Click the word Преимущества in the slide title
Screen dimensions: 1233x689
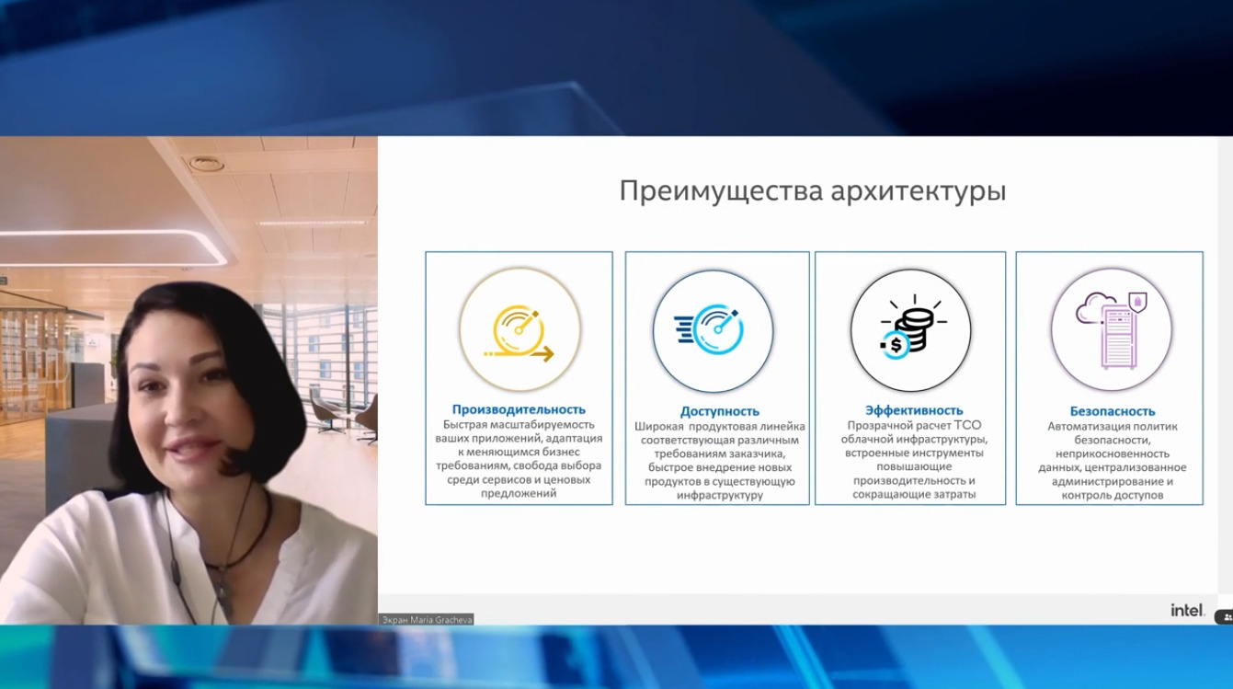click(721, 191)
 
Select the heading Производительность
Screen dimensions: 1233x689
click(519, 409)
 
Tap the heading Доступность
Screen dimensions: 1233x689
click(719, 411)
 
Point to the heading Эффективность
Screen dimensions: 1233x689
click(914, 410)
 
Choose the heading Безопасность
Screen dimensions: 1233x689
click(1113, 411)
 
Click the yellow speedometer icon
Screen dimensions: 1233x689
click(519, 333)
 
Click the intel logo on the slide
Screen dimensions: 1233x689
click(1187, 610)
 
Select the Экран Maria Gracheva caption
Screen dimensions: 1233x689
click(427, 620)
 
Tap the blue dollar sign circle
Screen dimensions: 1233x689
click(895, 346)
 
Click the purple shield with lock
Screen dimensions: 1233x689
click(1137, 302)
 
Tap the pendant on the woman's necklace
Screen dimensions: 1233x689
click(224, 591)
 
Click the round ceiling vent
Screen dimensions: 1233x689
click(206, 164)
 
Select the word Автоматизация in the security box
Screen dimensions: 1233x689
click(1078, 426)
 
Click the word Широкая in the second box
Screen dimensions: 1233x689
click(659, 427)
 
